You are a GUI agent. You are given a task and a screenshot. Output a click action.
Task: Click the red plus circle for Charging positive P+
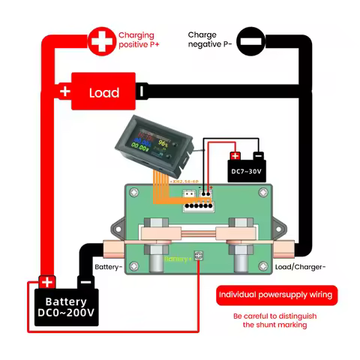coord(99,40)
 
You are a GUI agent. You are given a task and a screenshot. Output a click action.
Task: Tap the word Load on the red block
coord(104,93)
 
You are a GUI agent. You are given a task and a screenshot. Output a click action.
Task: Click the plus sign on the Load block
coord(65,92)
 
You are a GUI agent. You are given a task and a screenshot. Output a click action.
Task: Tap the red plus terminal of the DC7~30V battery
coord(235,157)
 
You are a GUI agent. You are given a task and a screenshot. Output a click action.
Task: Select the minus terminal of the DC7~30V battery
coord(258,157)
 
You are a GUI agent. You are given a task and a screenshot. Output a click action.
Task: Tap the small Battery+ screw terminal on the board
coord(199,256)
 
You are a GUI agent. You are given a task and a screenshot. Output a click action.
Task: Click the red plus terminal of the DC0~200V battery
coord(46,283)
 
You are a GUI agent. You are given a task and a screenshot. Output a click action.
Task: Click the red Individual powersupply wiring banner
coord(277,295)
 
